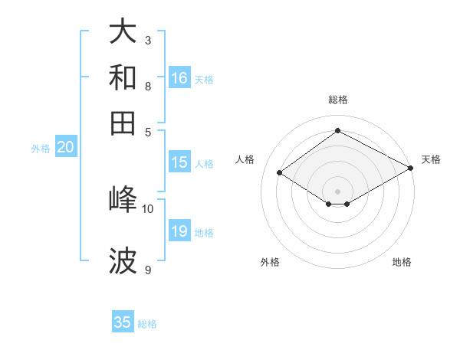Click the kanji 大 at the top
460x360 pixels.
123,31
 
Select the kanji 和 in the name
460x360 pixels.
123,77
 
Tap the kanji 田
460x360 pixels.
123,123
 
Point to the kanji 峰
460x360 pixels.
123,199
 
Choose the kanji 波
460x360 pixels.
123,261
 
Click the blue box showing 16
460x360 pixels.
179,78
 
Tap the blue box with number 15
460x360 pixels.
179,162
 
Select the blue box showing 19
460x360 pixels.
179,231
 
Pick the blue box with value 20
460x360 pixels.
65,148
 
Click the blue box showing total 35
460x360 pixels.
123,322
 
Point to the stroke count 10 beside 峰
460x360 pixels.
148,208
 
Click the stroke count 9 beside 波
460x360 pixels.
148,270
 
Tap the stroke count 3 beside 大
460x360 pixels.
148,40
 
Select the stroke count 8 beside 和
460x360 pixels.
148,86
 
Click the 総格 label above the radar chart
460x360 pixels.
337,100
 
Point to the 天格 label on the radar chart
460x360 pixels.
431,159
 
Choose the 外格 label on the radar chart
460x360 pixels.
270,262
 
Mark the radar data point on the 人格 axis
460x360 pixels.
280,173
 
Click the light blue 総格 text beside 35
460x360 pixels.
147,324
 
